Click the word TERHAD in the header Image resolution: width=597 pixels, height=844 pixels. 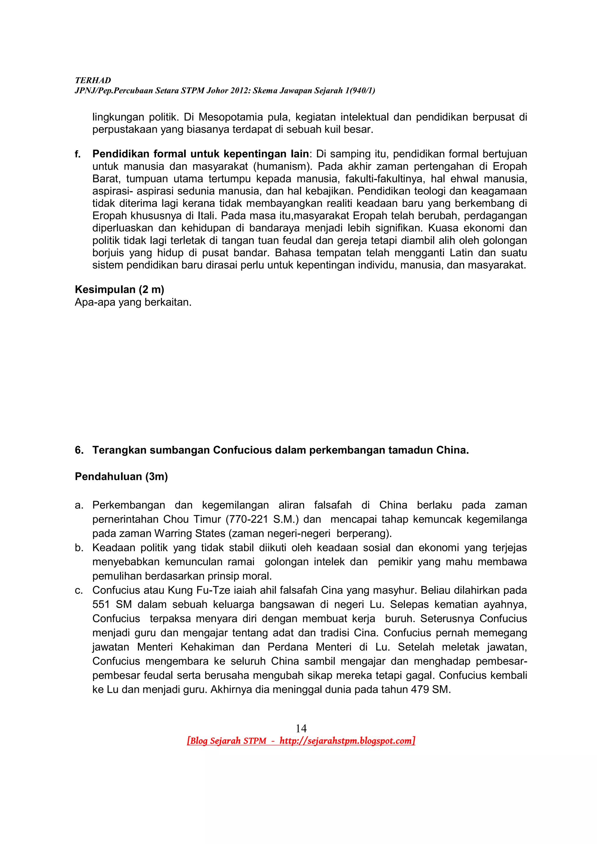(93, 80)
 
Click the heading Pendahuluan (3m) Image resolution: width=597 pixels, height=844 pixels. (121, 476)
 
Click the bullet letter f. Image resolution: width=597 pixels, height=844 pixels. (77, 154)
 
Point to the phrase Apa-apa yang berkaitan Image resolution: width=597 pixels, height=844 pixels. (133, 302)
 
